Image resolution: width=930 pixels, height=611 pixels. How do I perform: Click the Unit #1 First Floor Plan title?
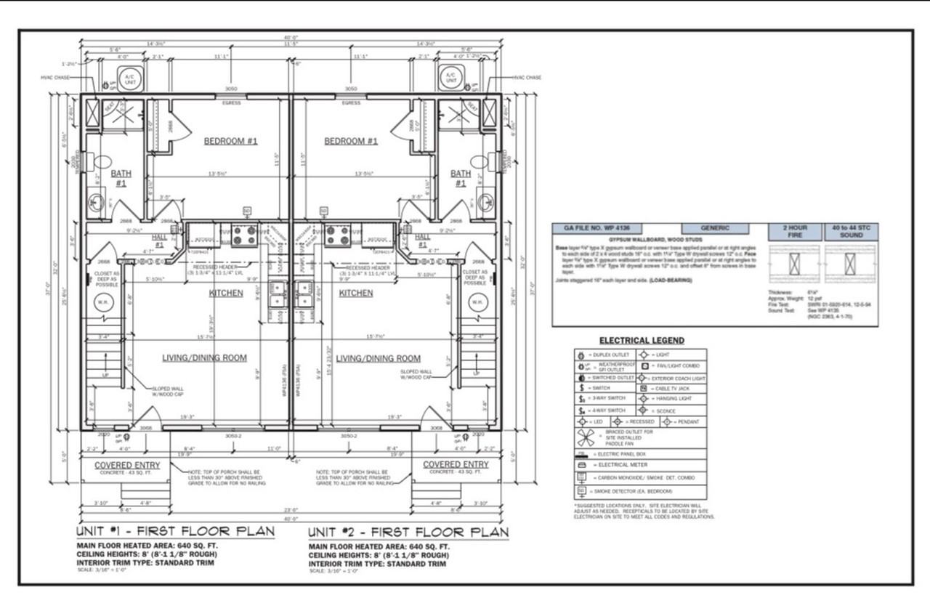click(177, 531)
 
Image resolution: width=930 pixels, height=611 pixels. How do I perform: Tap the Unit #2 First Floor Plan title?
click(408, 533)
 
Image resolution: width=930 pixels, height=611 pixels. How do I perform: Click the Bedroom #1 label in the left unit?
click(230, 141)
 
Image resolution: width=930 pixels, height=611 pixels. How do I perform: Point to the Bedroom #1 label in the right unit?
click(351, 141)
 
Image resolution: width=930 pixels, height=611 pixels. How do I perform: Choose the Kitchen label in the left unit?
click(226, 294)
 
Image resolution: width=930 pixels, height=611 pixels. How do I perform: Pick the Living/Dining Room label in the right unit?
click(378, 358)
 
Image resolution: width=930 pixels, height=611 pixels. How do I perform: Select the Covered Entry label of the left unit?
click(122, 465)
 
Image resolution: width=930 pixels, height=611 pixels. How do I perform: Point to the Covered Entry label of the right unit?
click(456, 465)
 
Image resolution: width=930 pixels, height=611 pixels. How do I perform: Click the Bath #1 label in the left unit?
click(119, 179)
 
